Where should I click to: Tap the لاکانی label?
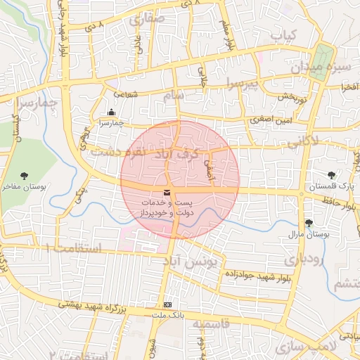click(x=304, y=141)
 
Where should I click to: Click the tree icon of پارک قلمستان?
click(x=331, y=174)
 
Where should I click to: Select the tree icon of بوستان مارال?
click(x=308, y=222)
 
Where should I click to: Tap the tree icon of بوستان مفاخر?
click(x=25, y=175)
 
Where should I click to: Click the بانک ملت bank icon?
click(x=167, y=304)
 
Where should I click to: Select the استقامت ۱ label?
click(x=73, y=247)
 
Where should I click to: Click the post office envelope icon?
click(x=167, y=192)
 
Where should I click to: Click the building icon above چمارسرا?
click(x=111, y=112)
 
